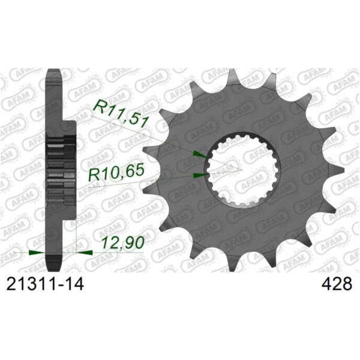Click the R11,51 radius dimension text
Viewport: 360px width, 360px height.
(124, 112)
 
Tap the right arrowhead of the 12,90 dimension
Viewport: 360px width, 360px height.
(86, 253)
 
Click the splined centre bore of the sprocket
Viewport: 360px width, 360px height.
(240, 169)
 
